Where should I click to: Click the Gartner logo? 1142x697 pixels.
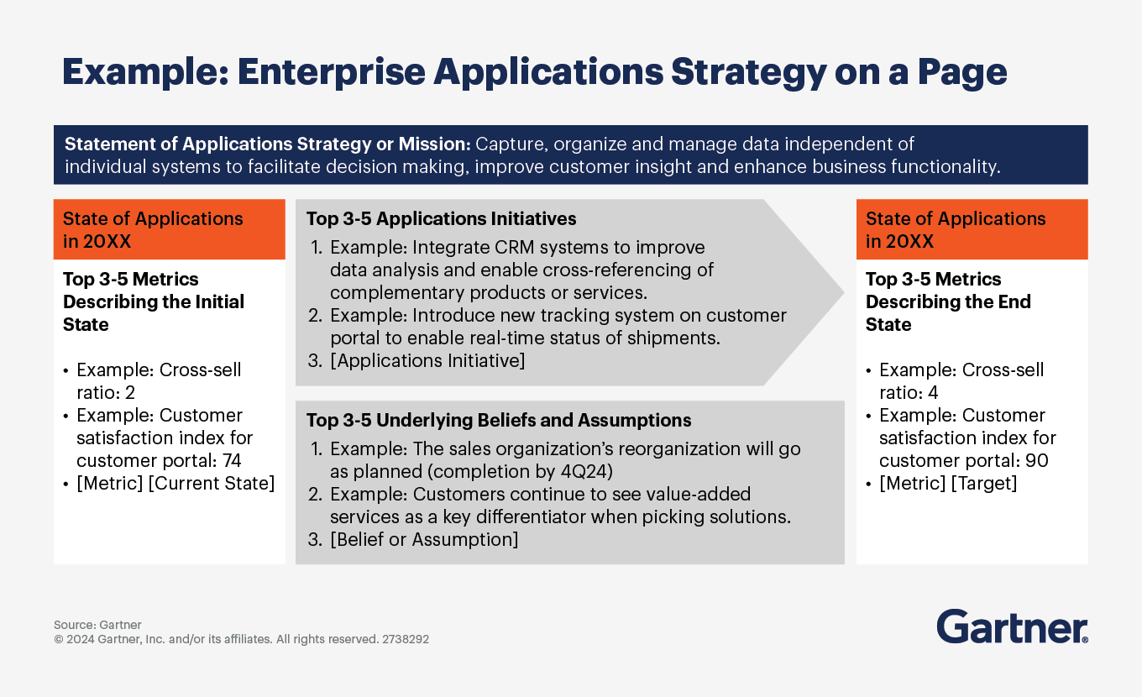click(x=1012, y=627)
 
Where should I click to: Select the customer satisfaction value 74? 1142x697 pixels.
click(x=231, y=460)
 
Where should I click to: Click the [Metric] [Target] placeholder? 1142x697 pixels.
click(x=948, y=483)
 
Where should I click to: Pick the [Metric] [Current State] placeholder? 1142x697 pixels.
click(x=175, y=483)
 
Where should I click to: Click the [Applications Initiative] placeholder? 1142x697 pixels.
click(x=427, y=360)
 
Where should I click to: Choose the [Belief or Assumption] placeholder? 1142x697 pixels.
click(x=424, y=539)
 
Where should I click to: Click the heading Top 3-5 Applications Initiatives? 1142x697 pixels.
click(x=441, y=219)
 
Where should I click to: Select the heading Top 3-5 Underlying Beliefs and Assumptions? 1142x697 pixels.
click(x=499, y=420)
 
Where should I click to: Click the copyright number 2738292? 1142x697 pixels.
click(x=406, y=639)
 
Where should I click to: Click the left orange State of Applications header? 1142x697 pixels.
click(x=169, y=229)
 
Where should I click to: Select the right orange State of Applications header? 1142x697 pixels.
click(x=972, y=229)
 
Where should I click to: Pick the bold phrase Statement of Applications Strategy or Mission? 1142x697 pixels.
click(x=269, y=144)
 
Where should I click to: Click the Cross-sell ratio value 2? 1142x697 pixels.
click(x=130, y=392)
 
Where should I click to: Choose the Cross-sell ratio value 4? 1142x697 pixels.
click(x=933, y=392)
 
